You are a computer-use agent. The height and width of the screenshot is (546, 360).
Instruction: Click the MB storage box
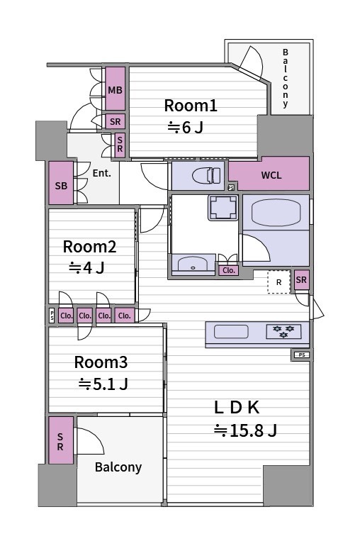(x=116, y=89)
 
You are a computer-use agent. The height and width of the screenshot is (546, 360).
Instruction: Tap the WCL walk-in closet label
(x=271, y=175)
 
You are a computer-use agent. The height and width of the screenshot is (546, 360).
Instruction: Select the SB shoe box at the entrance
(x=61, y=183)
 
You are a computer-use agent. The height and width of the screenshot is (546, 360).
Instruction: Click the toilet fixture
(x=206, y=175)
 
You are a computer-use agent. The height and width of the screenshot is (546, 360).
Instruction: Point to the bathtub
(x=276, y=212)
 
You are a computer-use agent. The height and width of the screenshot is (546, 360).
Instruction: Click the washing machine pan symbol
(x=223, y=208)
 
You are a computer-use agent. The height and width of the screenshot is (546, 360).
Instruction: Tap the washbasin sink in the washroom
(x=193, y=264)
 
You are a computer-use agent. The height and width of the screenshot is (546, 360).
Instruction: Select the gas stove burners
(x=283, y=332)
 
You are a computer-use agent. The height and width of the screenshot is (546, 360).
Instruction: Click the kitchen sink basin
(x=231, y=332)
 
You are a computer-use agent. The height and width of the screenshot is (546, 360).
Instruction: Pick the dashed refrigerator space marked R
(x=279, y=282)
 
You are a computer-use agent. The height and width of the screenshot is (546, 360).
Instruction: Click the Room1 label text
(x=191, y=106)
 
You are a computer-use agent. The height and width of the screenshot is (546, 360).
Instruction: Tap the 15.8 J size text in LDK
(x=245, y=430)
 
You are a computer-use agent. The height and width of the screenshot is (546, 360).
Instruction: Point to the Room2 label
(x=89, y=247)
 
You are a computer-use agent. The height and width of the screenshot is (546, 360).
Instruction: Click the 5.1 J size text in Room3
(x=103, y=384)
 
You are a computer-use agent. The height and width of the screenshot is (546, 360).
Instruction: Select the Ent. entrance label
(x=101, y=173)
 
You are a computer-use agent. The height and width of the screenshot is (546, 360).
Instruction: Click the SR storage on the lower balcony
(x=61, y=440)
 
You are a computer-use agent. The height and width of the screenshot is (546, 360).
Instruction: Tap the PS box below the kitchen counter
(x=302, y=355)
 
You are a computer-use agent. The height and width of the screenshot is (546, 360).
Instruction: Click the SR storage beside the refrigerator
(x=301, y=279)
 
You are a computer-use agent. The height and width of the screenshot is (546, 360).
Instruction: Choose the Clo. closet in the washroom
(x=229, y=270)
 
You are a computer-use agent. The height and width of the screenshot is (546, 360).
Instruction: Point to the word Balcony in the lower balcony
(x=118, y=467)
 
